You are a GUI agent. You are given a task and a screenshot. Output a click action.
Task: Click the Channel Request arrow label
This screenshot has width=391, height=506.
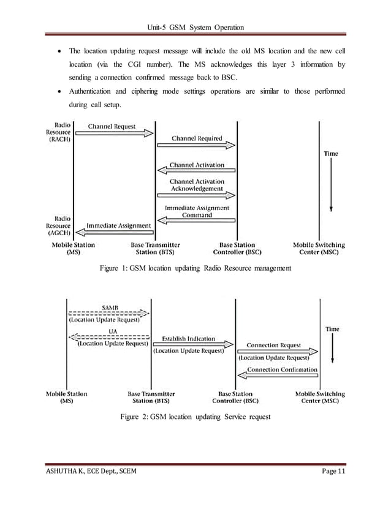(x=112, y=127)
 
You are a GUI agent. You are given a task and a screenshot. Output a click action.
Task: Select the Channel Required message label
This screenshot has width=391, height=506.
(x=197, y=138)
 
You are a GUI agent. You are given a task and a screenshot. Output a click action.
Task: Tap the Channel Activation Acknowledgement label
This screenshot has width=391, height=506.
(x=197, y=185)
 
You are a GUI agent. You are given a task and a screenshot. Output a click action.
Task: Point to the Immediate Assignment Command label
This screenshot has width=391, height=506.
(x=197, y=212)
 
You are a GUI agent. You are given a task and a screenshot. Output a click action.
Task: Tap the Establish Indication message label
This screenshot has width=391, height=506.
(x=189, y=338)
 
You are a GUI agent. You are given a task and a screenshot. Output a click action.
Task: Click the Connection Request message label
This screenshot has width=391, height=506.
(x=274, y=345)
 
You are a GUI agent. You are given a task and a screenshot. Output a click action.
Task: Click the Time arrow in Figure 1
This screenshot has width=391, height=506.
(x=331, y=184)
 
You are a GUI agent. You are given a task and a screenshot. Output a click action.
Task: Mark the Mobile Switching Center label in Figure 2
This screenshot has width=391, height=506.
(x=320, y=398)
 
